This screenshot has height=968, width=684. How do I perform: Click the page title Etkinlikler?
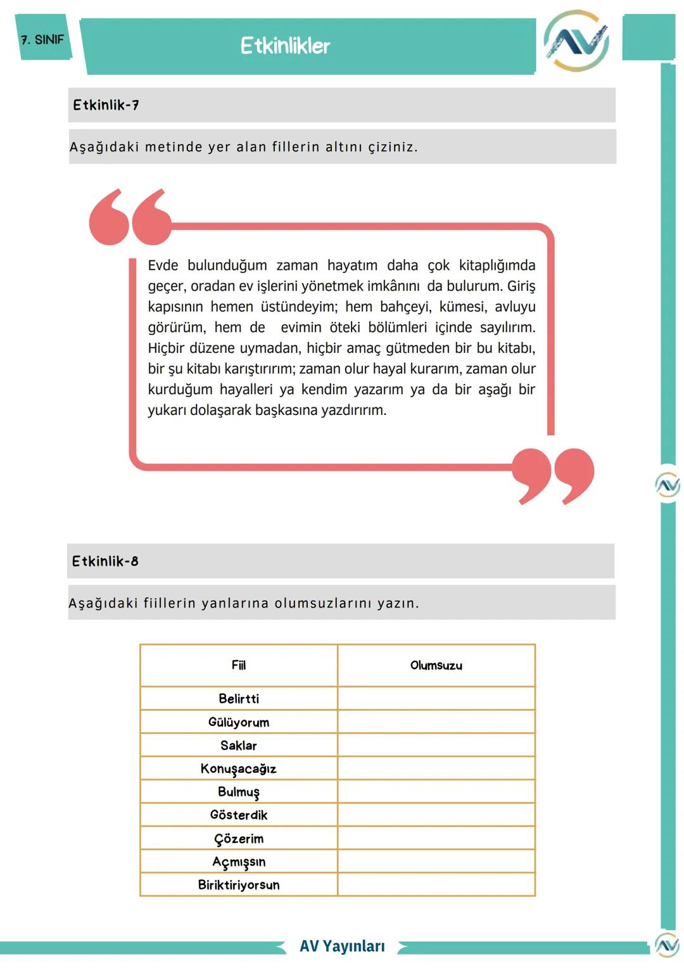click(285, 46)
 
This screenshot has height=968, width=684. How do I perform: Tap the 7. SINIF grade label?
click(42, 40)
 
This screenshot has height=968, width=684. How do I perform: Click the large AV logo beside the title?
click(576, 41)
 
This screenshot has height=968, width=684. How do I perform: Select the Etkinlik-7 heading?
click(106, 105)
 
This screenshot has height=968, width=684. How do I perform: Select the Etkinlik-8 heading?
click(105, 561)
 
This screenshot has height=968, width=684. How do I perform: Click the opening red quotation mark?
click(130, 217)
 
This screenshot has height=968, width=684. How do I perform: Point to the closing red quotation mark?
click(553, 475)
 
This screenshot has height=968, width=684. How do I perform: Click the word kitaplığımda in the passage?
click(497, 265)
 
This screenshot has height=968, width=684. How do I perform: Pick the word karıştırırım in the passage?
click(256, 369)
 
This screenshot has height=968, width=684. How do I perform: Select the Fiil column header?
click(239, 665)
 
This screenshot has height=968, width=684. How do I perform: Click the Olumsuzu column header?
click(436, 665)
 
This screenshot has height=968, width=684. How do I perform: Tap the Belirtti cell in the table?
click(239, 699)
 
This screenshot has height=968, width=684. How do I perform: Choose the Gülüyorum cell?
click(239, 722)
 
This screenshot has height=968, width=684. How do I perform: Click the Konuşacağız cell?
click(239, 768)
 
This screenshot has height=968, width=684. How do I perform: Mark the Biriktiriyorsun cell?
click(239, 885)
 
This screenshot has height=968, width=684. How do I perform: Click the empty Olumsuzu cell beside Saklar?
click(436, 745)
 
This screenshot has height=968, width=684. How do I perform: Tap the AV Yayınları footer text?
click(342, 946)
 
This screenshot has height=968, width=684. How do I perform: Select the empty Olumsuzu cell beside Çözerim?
click(436, 838)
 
